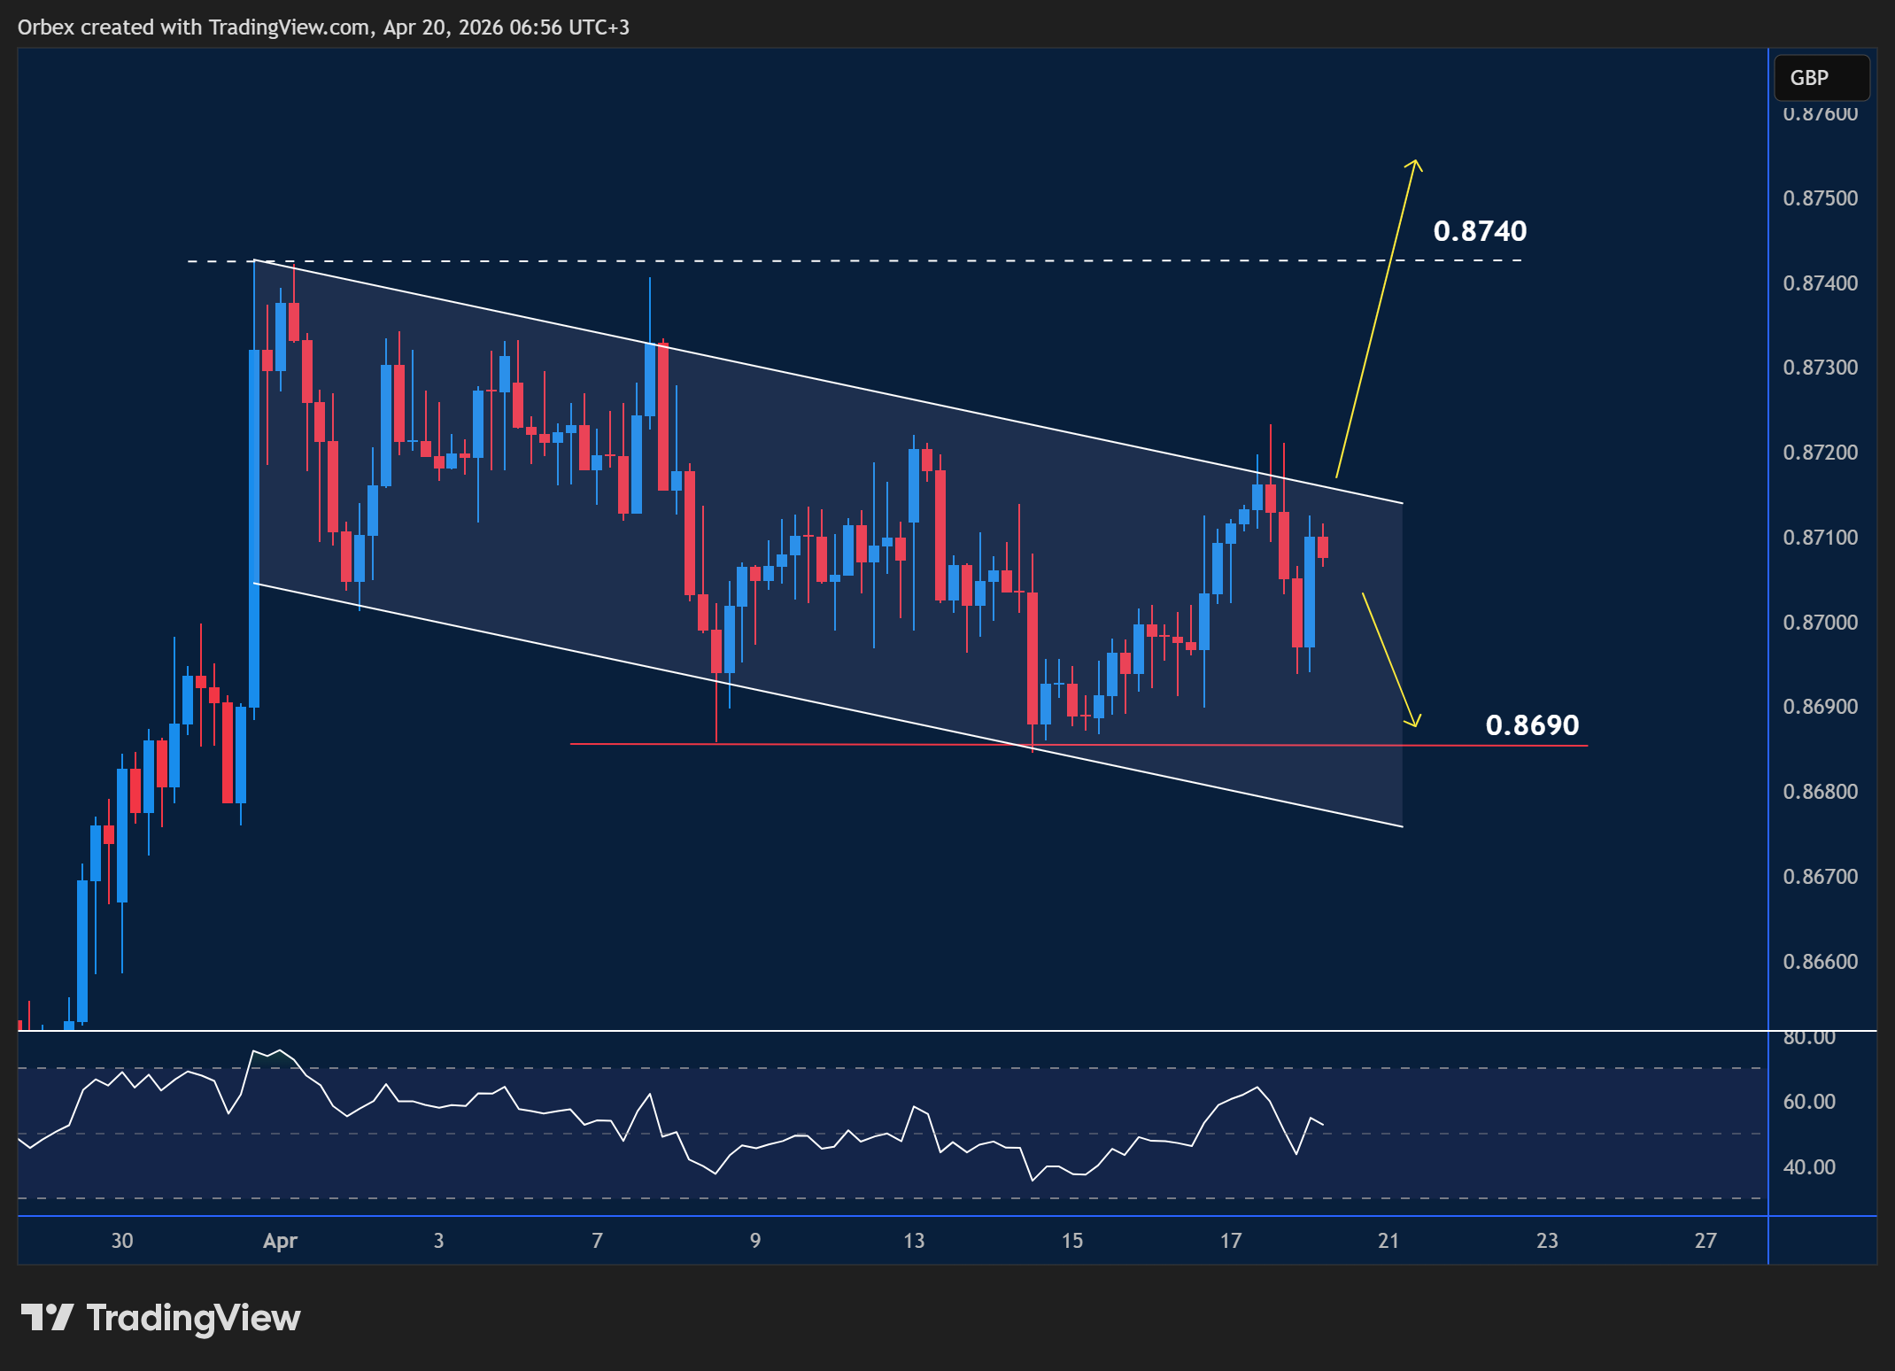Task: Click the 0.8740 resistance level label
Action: coord(1480,231)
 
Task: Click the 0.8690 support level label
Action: coord(1532,725)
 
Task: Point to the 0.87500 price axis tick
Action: coord(1820,198)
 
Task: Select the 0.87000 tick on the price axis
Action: coord(1820,623)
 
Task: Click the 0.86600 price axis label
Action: coord(1820,962)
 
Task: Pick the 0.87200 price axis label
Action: coord(1820,453)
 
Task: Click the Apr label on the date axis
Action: coord(280,1241)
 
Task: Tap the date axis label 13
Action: coord(914,1241)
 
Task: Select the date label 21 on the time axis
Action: coord(1388,1241)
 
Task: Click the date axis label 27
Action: coord(1705,1241)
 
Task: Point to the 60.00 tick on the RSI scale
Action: coord(1809,1102)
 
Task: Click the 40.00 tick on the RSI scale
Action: coord(1809,1167)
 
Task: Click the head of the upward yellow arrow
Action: coord(1414,163)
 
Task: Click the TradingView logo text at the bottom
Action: coord(193,1318)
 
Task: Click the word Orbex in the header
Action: coord(46,27)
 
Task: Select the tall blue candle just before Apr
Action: coord(255,528)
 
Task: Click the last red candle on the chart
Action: coord(1323,546)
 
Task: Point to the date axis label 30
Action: coord(122,1241)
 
